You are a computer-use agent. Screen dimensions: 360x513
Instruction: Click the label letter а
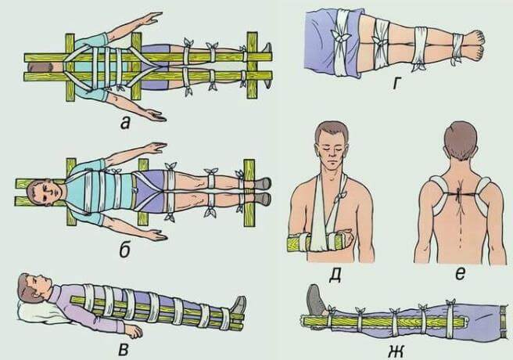tap(126, 123)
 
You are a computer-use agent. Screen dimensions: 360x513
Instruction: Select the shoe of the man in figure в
tap(238, 306)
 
